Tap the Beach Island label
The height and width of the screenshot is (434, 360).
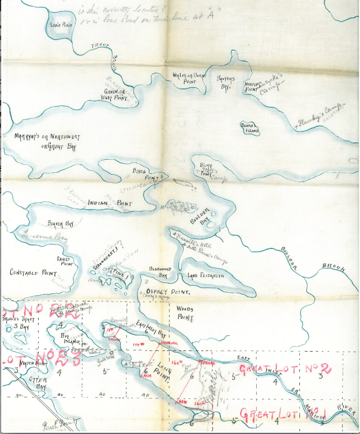[249, 127]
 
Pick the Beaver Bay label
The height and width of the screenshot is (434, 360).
[61, 223]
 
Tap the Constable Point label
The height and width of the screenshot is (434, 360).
[33, 272]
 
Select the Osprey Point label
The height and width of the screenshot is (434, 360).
[167, 292]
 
